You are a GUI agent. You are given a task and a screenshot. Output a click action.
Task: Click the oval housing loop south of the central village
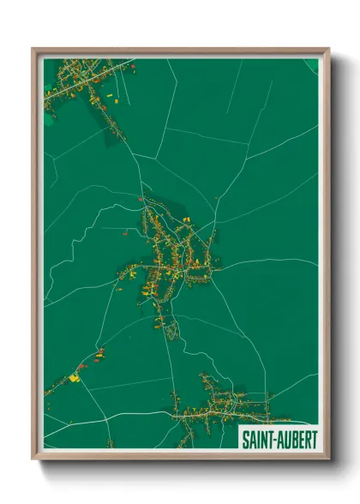click(171, 329)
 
